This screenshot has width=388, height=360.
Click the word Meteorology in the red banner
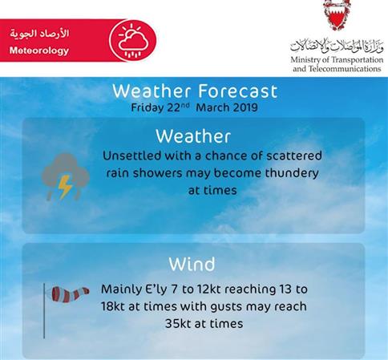[39, 51]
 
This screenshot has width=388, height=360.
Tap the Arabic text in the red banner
[39, 34]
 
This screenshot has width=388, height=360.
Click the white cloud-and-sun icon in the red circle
[133, 41]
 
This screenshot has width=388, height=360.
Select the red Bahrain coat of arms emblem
[337, 14]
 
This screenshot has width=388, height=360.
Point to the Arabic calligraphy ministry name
[337, 46]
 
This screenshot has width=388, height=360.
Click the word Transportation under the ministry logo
[358, 60]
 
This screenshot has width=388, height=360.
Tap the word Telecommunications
[345, 69]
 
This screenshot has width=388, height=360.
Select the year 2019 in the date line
[245, 107]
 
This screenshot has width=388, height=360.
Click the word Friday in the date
[148, 108]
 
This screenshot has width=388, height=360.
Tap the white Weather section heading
[193, 136]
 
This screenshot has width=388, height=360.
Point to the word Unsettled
[132, 156]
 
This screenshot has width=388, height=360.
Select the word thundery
[292, 173]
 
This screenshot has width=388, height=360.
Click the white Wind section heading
[192, 264]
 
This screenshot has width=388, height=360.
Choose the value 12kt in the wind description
[207, 289]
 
